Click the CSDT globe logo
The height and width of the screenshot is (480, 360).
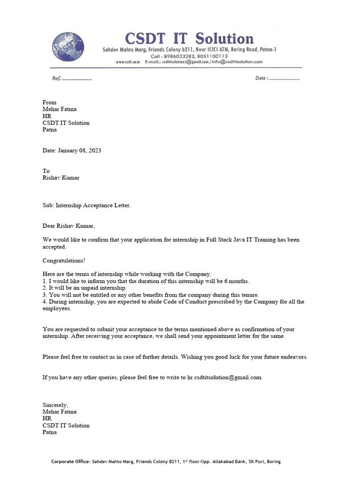click(x=68, y=46)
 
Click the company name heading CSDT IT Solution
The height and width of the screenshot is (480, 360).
click(x=189, y=38)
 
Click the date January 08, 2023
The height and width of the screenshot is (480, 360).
click(x=79, y=150)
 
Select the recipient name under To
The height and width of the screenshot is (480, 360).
click(x=61, y=178)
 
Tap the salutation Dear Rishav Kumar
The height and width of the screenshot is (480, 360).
click(x=68, y=226)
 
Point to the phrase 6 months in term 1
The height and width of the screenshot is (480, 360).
click(x=237, y=281)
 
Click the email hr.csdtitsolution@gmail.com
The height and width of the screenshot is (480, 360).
click(x=225, y=377)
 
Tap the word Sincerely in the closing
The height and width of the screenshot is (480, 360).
click(x=55, y=405)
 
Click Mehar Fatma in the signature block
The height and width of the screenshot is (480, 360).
click(x=60, y=412)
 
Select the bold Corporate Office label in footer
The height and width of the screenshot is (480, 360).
click(x=71, y=461)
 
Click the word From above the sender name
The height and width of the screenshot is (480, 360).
click(x=49, y=102)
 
